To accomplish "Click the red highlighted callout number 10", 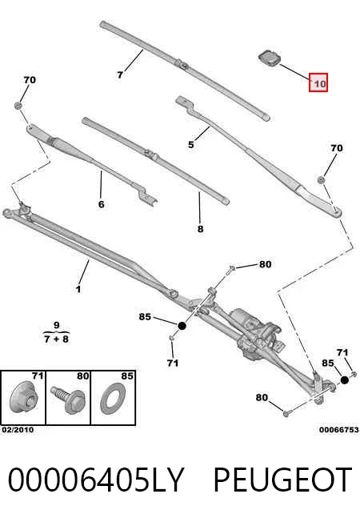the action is click(318, 82).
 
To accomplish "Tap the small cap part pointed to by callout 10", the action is click(270, 58).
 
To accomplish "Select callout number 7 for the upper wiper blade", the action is click(120, 75).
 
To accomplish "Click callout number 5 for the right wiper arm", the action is click(191, 144).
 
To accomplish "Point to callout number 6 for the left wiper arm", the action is click(102, 203).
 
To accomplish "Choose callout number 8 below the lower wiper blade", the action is click(200, 229).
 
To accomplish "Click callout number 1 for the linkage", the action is click(78, 289).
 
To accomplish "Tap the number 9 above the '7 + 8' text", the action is click(56, 325).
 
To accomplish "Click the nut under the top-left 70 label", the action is click(18, 106).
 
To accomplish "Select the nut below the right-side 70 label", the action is click(321, 180).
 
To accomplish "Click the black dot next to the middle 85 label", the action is click(182, 326).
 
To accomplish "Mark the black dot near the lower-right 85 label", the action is click(344, 379).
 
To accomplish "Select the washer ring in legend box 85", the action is click(114, 400).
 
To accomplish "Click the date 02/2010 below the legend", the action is click(18, 430).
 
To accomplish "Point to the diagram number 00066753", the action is click(339, 430).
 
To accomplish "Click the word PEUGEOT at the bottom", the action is click(282, 480).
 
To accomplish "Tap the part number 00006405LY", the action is click(95, 480).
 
